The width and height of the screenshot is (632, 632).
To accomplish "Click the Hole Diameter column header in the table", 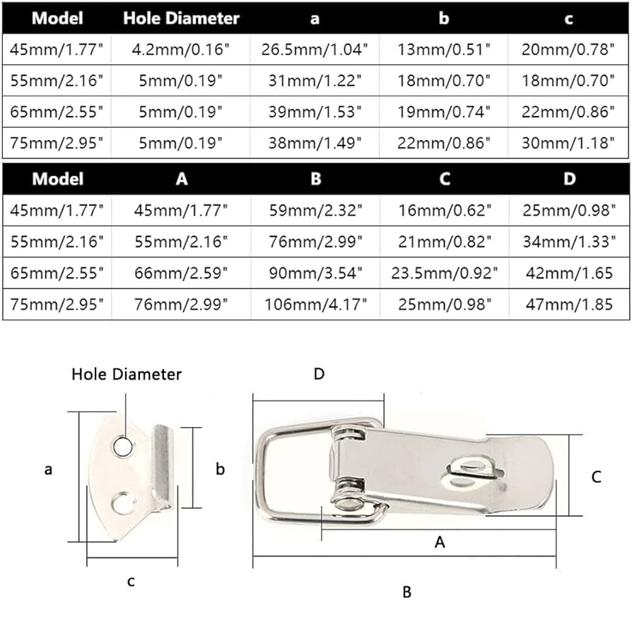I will (x=181, y=18).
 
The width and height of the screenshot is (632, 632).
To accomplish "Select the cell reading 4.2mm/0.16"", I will (x=181, y=49).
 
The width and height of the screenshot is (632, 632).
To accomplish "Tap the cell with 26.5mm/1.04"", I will (x=315, y=49).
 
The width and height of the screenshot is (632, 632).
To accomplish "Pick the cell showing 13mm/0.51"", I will (x=443, y=49).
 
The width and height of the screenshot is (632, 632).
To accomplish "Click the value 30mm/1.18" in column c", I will (x=568, y=143).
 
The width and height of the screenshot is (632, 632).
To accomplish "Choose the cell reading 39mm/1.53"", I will (x=315, y=112).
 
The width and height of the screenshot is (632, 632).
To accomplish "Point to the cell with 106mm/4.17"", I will (x=315, y=305).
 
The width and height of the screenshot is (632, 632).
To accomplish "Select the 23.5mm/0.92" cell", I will (x=443, y=274).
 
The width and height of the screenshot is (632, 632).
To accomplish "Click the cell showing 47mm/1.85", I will (x=568, y=305).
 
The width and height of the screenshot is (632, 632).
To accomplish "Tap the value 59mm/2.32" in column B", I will (x=315, y=211).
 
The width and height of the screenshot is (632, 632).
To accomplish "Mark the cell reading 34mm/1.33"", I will (x=568, y=242).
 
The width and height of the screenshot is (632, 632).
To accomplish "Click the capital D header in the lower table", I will (x=568, y=179).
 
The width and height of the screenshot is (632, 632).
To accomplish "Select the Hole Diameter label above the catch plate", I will (x=127, y=374).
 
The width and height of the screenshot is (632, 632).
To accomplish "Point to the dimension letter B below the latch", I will (x=406, y=592).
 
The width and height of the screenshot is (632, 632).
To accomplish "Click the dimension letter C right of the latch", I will (x=596, y=477).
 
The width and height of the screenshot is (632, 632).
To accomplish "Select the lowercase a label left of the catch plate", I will (x=49, y=469).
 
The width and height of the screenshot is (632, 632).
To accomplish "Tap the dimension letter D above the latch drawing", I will (x=319, y=374).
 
